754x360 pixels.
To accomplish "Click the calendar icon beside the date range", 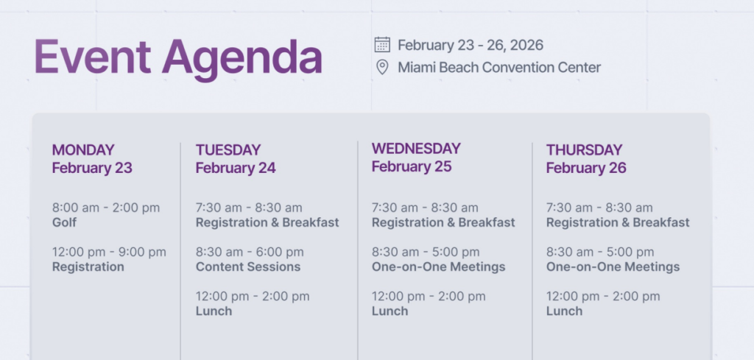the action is (x=382, y=45).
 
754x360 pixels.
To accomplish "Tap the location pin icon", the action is (x=382, y=67).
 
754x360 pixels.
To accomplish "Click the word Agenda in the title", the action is (x=242, y=58).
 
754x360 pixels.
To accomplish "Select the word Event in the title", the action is (x=92, y=56).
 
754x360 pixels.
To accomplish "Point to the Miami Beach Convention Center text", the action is (x=499, y=67).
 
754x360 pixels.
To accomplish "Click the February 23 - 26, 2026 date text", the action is (x=471, y=45).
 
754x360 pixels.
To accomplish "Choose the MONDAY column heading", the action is (x=83, y=150).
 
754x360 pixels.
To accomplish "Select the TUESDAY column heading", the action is (x=228, y=150).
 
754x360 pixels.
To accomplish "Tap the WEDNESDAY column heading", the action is (x=416, y=149).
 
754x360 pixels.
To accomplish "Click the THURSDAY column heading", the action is (x=584, y=150).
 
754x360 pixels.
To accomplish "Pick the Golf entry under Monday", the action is (x=65, y=222).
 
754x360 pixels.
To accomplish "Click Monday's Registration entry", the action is (x=88, y=267).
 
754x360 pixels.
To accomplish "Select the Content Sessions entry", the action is (x=248, y=267).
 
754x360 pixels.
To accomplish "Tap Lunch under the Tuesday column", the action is (x=214, y=311).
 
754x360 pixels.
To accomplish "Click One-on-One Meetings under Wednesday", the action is (x=439, y=267).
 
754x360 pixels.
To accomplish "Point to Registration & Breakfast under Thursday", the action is (x=618, y=222).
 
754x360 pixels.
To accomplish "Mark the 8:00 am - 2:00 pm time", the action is (x=106, y=208).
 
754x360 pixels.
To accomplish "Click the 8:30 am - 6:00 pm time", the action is (x=250, y=252).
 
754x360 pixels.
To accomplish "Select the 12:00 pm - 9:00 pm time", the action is (x=109, y=252).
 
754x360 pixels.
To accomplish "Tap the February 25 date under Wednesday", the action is (x=412, y=167).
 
